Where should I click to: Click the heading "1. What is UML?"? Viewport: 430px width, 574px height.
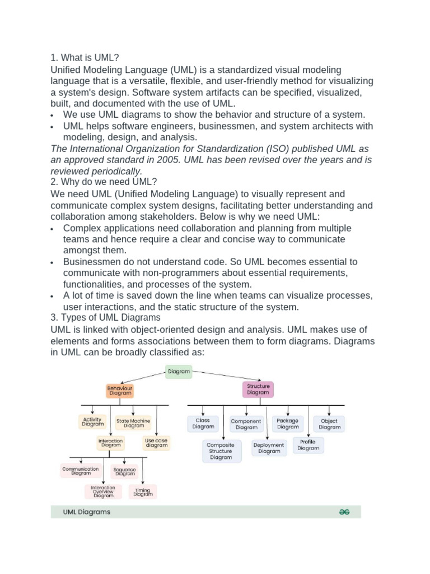(x=85, y=58)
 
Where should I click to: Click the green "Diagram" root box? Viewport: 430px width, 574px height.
(x=179, y=371)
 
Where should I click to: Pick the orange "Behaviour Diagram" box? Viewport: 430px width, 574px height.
(x=120, y=390)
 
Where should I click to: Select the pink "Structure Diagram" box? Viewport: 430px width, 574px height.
(x=258, y=389)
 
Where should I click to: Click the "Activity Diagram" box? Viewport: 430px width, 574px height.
(x=92, y=422)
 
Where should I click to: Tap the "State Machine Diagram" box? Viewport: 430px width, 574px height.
(x=133, y=423)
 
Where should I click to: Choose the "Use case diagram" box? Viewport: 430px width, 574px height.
(x=156, y=443)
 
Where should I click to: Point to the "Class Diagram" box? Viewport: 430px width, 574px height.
(x=203, y=423)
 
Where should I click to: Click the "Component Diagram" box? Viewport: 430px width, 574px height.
(x=246, y=424)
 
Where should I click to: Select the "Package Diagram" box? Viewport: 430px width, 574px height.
(x=288, y=423)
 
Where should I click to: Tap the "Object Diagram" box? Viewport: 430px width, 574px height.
(x=329, y=424)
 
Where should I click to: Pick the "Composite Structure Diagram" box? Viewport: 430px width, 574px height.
(x=221, y=451)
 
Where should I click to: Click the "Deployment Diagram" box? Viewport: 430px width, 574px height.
(x=269, y=448)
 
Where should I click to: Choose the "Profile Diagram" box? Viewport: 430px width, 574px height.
(x=308, y=445)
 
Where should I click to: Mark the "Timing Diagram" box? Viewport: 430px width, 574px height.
(x=143, y=492)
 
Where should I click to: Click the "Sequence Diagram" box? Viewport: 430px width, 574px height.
(x=124, y=471)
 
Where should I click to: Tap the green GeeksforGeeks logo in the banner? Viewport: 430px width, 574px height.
(x=344, y=512)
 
